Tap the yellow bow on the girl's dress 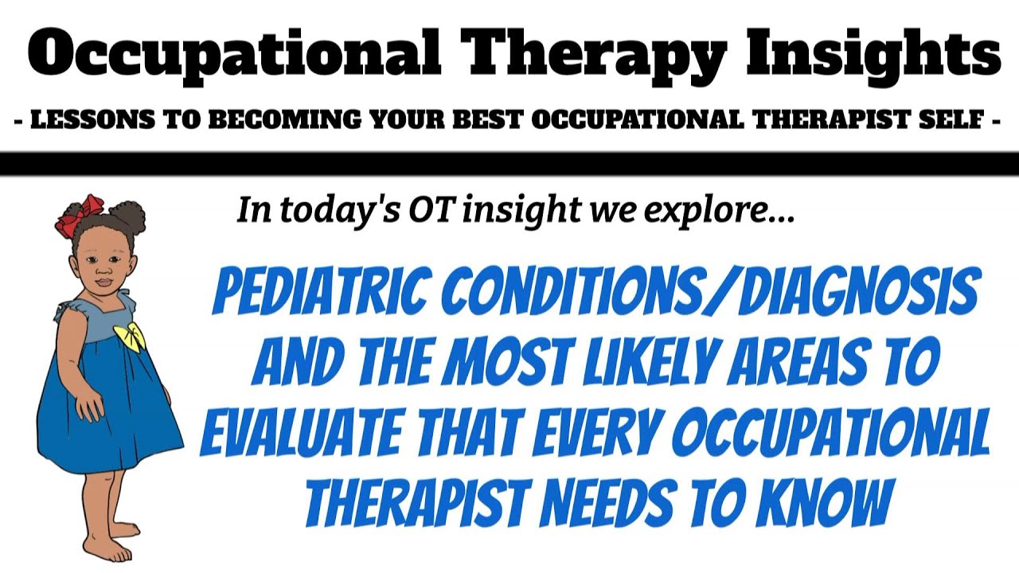[x=130, y=337]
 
